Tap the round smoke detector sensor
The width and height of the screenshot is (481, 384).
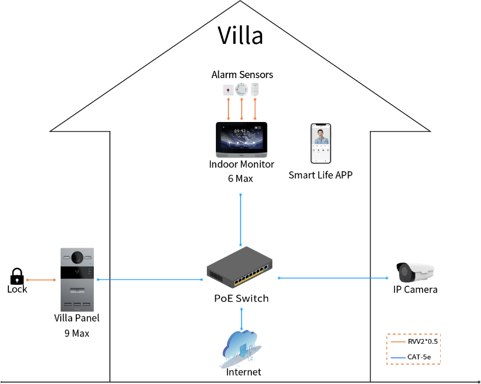click(242, 89)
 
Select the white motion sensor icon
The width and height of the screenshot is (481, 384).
click(255, 89)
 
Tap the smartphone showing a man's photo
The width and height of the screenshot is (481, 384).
click(321, 144)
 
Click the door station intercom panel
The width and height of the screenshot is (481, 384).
click(78, 279)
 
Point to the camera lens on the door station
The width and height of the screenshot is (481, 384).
click(77, 257)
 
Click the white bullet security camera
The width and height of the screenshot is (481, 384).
click(415, 272)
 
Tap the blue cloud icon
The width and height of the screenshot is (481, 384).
click(240, 347)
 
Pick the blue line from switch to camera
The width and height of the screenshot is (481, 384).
click(334, 278)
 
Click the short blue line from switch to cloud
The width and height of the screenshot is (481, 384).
click(241, 317)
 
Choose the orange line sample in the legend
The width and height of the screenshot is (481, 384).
click(398, 342)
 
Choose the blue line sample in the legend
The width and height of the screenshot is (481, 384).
click(398, 358)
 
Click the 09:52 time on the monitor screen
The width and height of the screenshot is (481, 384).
click(240, 130)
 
